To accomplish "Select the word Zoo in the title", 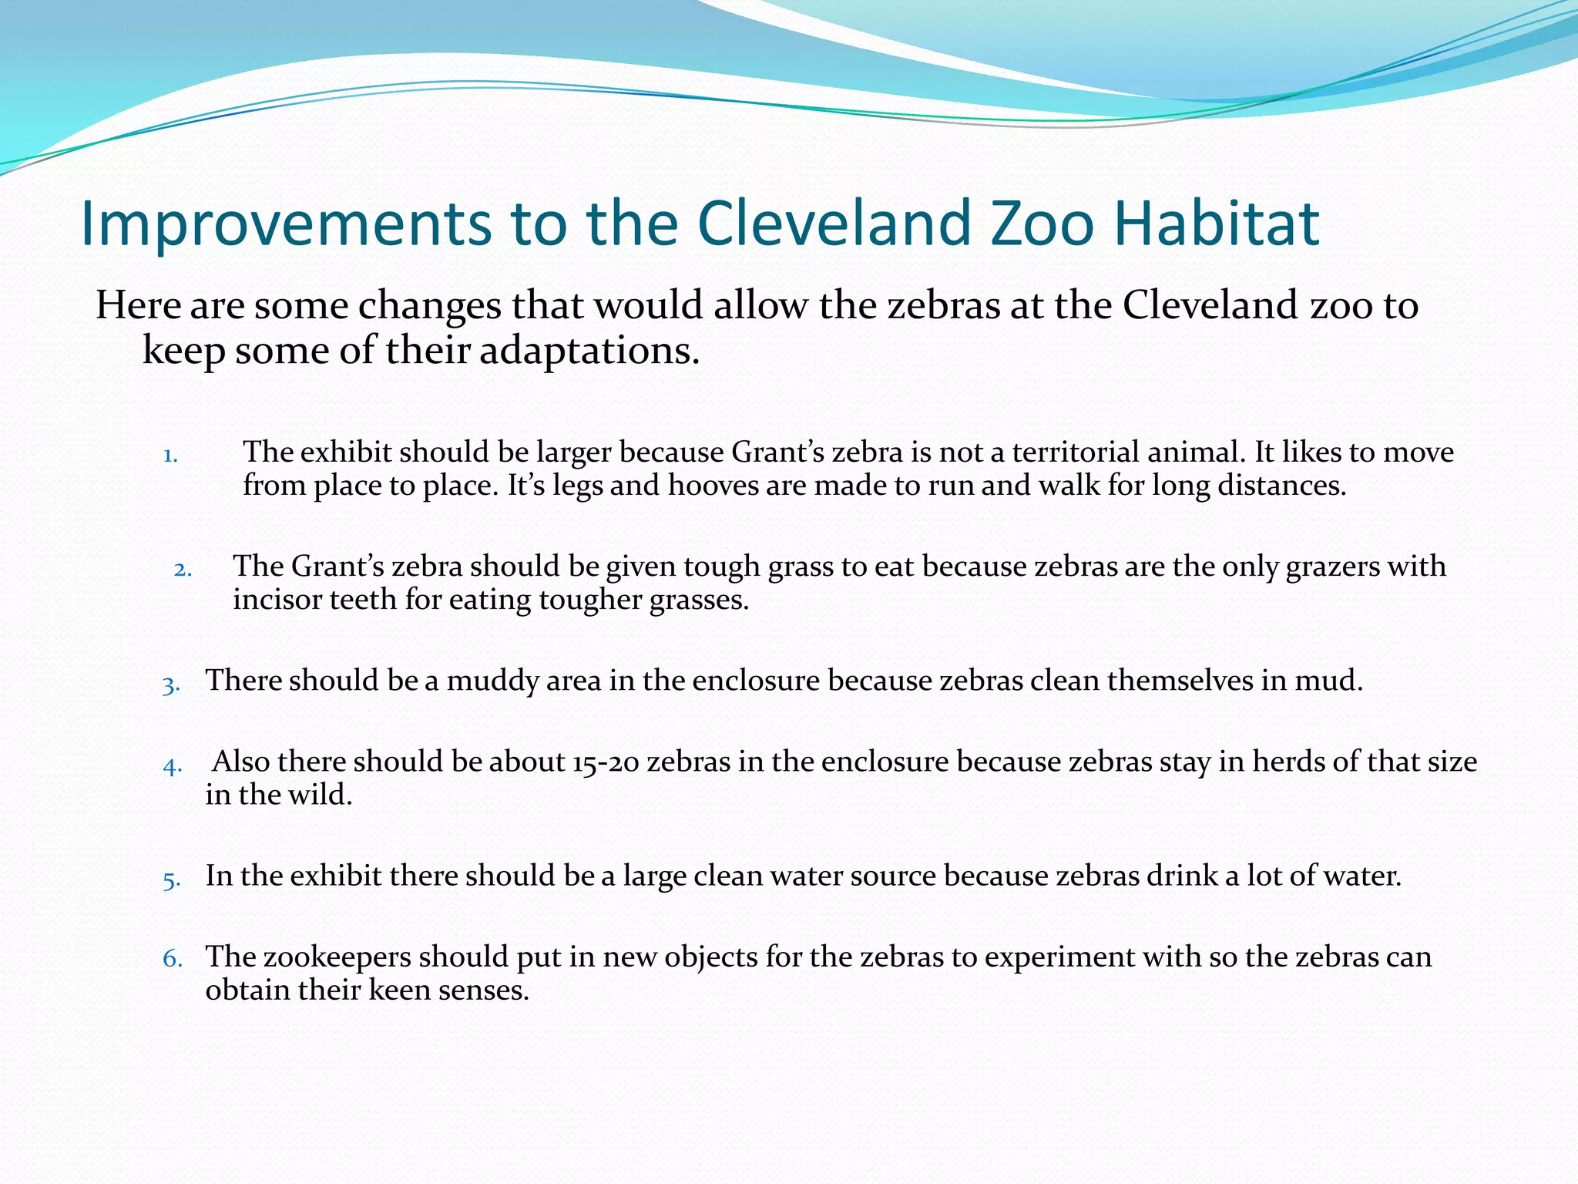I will pyautogui.click(x=1040, y=224).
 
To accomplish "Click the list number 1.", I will pyautogui.click(x=170, y=456).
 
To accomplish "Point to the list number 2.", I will pyautogui.click(x=183, y=570).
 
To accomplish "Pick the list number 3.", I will pyautogui.click(x=171, y=685).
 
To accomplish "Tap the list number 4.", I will pyautogui.click(x=172, y=766).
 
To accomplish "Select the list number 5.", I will pyautogui.click(x=171, y=880).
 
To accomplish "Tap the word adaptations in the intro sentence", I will pyautogui.click(x=589, y=351).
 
